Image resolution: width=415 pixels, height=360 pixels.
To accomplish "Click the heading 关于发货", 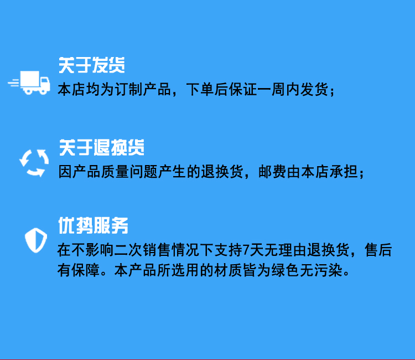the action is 91,65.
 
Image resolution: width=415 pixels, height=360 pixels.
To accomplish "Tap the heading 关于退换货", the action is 102,147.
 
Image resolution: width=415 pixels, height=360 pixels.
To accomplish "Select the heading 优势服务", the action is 93,225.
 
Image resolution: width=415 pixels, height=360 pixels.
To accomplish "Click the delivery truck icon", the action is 29,83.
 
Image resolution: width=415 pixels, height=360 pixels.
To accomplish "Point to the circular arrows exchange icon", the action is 34,163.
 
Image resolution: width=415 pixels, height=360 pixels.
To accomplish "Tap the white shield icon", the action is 36,240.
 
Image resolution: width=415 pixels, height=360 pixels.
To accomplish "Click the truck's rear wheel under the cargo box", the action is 28,91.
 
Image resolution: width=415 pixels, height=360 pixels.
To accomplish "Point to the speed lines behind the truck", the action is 14,83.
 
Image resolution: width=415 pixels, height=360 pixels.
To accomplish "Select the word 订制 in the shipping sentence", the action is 128,89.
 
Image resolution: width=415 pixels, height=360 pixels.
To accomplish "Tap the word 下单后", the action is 207,89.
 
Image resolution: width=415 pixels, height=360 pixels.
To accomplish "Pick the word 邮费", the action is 272,172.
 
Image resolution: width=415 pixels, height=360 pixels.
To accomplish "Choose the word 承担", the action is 344,172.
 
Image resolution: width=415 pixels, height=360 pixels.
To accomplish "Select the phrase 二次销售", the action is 143,250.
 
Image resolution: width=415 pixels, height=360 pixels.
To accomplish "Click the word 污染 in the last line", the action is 328,270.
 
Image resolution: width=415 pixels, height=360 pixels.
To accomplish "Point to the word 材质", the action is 228,270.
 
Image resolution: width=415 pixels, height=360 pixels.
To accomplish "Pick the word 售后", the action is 378,250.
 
